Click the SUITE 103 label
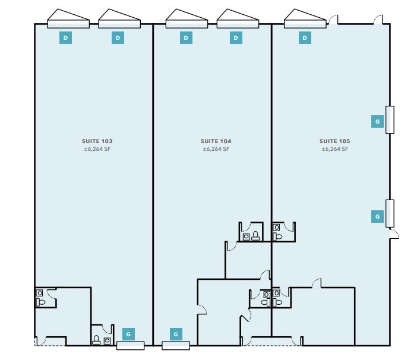97,141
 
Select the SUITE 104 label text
216,141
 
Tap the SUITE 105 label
334,141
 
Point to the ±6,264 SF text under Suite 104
216,150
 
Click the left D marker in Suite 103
66,38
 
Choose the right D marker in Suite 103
118,38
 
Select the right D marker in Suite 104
236,38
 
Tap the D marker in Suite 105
305,38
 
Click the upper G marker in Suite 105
377,121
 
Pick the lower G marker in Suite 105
377,217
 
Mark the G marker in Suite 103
128,334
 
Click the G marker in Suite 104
176,334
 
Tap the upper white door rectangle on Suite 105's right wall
390,119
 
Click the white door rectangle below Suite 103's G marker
131,346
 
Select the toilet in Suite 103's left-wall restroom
40,302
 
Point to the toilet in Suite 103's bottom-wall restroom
97,340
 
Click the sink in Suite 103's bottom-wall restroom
107,340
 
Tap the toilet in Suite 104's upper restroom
255,236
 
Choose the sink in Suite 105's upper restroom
276,227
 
